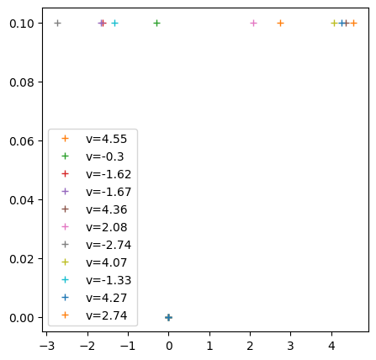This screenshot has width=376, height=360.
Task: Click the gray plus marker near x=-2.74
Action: click(57, 23)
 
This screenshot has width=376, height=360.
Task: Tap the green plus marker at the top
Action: click(156, 23)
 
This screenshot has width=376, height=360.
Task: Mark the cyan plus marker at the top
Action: click(114, 23)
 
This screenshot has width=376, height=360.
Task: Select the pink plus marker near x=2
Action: click(253, 23)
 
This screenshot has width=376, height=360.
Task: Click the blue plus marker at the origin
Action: click(168, 317)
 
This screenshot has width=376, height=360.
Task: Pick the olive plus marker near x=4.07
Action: click(334, 23)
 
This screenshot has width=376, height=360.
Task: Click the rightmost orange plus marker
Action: click(353, 23)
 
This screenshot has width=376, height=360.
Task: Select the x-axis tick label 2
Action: click(250, 344)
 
